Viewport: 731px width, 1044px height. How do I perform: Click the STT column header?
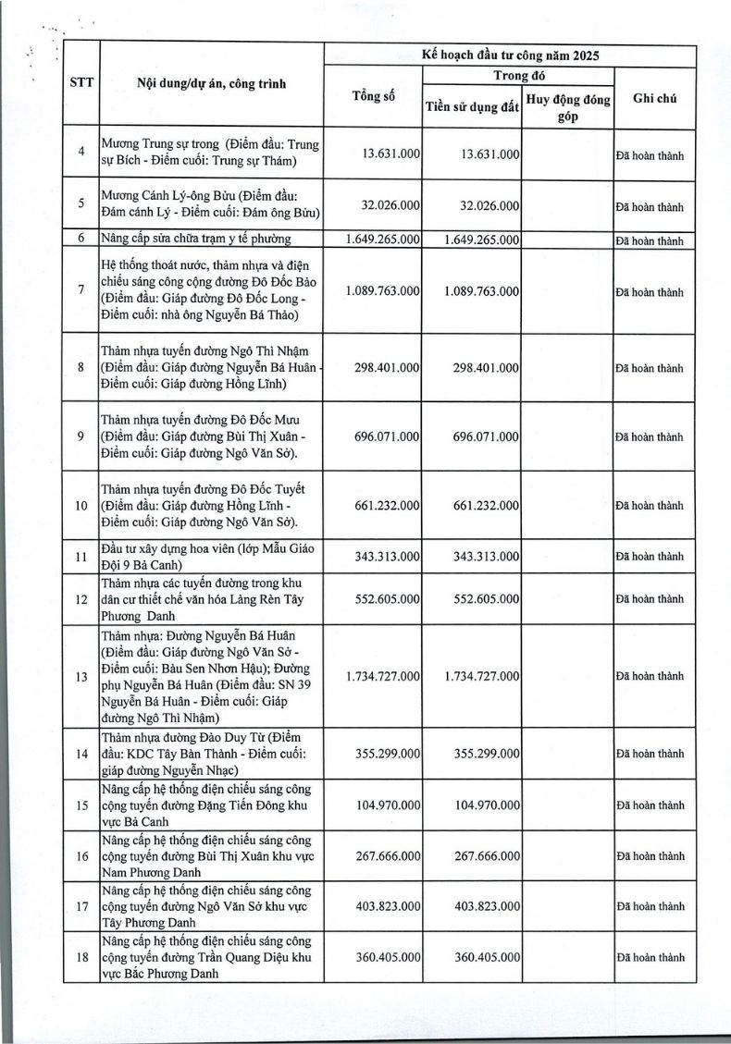tap(80, 82)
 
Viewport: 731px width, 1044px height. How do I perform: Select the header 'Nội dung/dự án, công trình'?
tap(211, 83)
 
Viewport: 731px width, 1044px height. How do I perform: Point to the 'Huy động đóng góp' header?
tap(568, 106)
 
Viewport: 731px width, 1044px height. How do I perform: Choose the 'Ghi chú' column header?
tap(655, 98)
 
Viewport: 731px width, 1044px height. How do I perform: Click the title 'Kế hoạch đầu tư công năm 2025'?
tap(510, 55)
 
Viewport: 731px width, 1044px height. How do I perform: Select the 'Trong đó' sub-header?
tap(519, 75)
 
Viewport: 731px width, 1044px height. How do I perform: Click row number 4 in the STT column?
tap(81, 152)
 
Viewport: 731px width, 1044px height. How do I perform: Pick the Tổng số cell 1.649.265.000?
tap(382, 240)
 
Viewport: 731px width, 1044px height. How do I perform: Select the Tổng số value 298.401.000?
tap(387, 367)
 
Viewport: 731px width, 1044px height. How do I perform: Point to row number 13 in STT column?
tap(81, 676)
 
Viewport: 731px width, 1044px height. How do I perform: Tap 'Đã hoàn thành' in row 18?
tap(650, 957)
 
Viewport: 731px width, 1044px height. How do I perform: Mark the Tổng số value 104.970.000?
tap(387, 805)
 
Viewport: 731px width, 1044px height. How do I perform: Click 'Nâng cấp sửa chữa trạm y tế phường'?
tap(196, 240)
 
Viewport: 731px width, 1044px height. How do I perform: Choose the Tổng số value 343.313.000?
tap(387, 556)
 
